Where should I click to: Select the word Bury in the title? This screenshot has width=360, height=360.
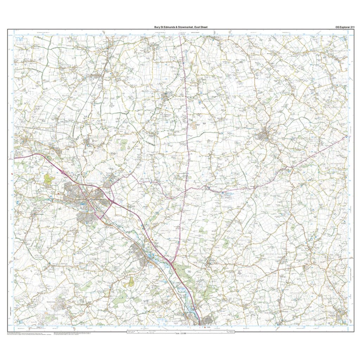(x=158, y=27)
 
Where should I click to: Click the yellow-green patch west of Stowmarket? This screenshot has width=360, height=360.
(x=49, y=179)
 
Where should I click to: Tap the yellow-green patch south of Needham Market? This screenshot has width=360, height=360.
(x=131, y=282)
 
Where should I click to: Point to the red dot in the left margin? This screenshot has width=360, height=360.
(x=12, y=174)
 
